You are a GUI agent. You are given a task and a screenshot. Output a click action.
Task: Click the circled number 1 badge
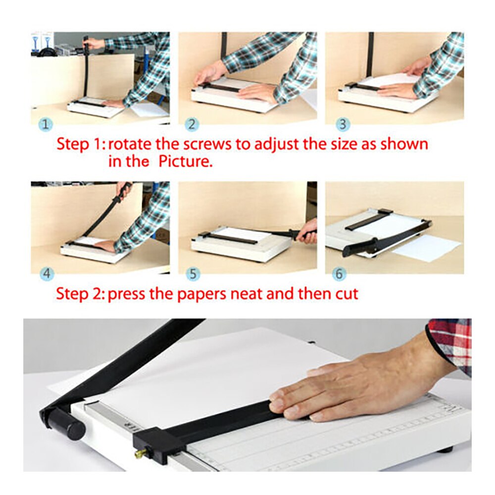click(46, 124)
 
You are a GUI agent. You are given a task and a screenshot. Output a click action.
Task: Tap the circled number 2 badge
click(192, 124)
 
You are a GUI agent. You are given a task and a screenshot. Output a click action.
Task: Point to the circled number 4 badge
click(46, 273)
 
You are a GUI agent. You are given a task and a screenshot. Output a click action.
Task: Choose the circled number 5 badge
click(192, 273)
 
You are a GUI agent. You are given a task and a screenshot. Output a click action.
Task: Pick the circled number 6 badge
click(339, 273)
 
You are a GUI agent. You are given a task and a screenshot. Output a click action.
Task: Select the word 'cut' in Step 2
click(346, 294)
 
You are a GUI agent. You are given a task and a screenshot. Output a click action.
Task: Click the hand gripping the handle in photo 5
click(308, 232)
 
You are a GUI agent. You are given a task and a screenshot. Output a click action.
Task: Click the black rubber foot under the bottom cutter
click(445, 449)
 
